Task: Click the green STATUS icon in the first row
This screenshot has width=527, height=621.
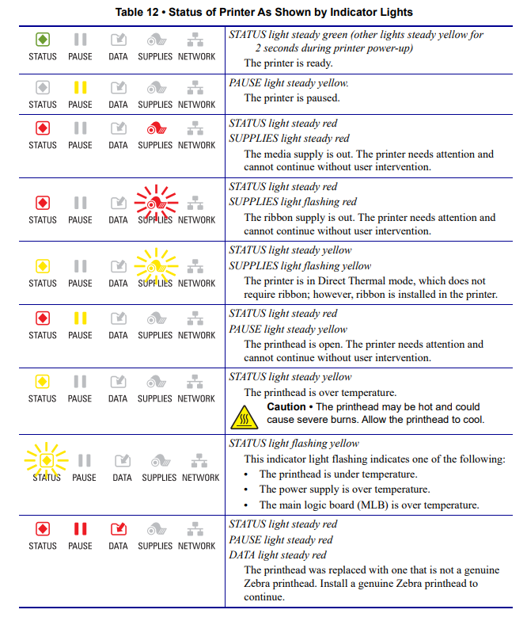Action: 43,40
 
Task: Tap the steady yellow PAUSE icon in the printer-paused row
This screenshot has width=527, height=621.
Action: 80,87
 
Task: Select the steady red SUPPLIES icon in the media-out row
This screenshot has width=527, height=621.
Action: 155,128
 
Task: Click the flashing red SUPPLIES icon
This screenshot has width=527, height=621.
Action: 155,203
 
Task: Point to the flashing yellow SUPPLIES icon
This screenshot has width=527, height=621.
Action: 155,266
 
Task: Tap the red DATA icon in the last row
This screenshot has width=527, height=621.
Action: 118,529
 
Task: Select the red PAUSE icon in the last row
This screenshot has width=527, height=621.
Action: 80,529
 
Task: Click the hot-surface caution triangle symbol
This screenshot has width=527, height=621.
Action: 246,414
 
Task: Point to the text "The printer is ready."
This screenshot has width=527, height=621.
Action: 288,63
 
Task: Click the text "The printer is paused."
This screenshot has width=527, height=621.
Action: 291,98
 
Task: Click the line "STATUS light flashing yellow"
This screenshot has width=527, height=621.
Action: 294,444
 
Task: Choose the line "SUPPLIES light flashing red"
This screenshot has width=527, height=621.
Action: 293,202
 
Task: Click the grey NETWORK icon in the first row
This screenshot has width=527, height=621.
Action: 196,40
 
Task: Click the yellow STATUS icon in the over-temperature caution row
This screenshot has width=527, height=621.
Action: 43,382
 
